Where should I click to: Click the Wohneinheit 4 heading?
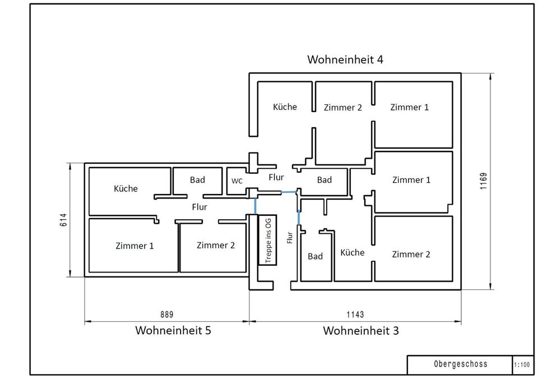pos(345,59)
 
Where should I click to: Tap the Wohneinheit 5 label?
pos(173,330)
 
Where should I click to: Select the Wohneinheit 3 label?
pos(361,331)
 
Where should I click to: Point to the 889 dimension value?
pos(166,315)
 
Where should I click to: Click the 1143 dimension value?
pos(355,315)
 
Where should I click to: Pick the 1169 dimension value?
pos(484,181)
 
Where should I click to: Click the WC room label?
pos(237,181)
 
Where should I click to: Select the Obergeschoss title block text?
pos(461,364)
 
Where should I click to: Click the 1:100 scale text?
pos(521,365)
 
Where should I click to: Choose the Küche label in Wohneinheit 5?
pos(126,189)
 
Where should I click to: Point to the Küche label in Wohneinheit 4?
pos(285,107)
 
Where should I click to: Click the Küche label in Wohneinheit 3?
pos(353,253)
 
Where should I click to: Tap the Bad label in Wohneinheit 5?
pos(197,180)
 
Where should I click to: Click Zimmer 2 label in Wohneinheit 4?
pos(343,108)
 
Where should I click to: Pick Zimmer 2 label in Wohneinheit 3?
pos(411,255)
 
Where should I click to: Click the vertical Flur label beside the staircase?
pos(290,238)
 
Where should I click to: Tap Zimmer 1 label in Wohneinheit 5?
pos(134,246)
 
